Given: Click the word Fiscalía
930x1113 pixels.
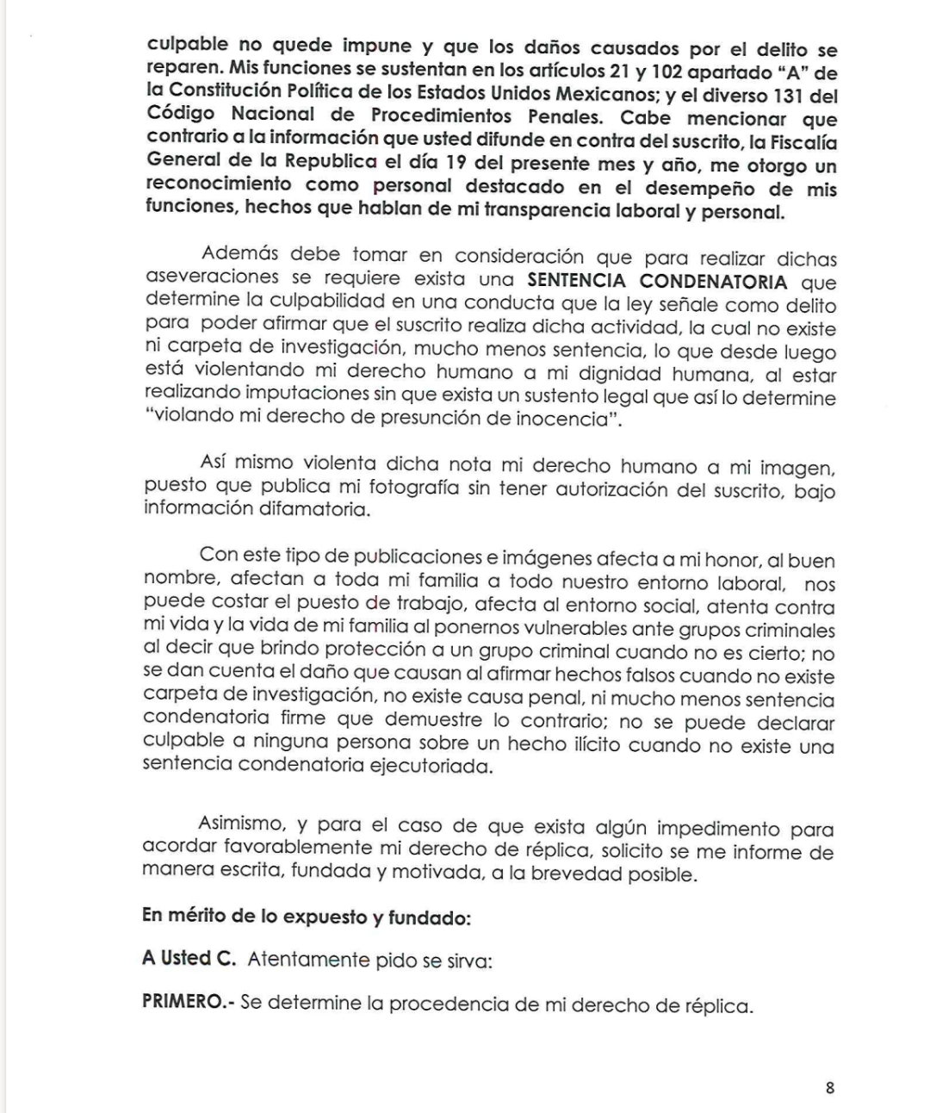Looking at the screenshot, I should (797, 140).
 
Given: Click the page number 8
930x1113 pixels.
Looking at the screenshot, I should (829, 1087).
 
